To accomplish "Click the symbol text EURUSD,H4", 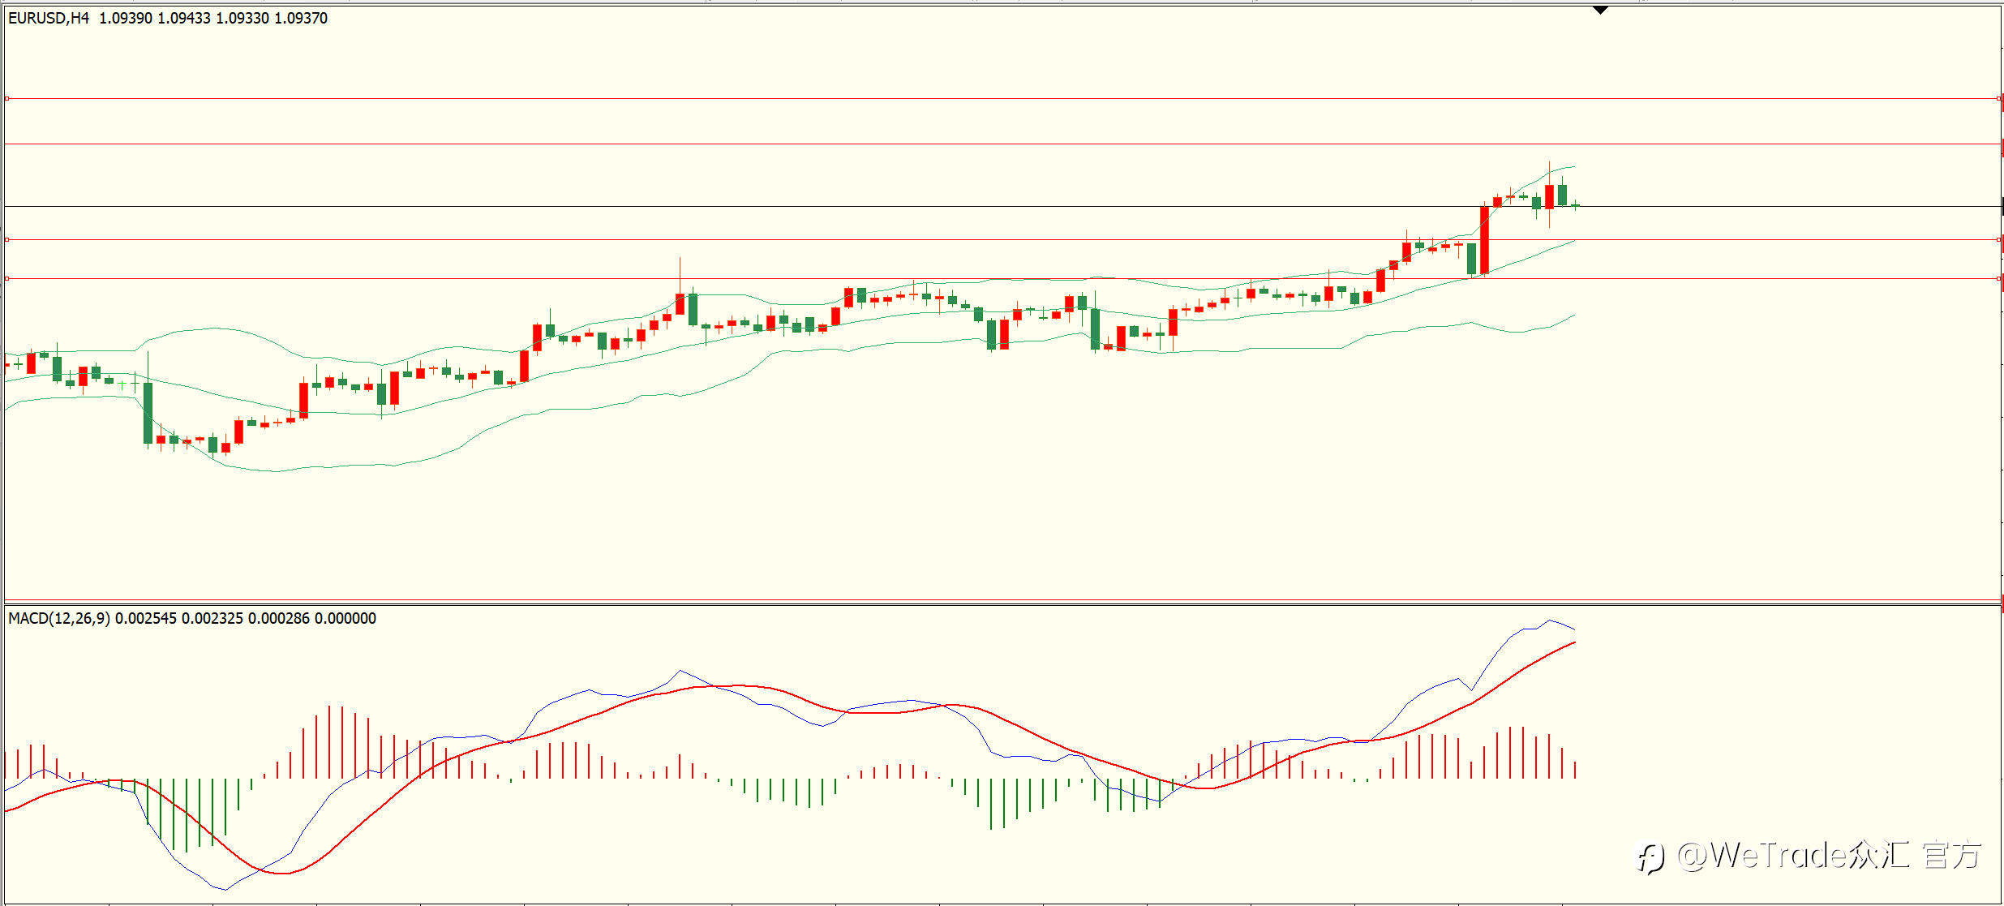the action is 49,18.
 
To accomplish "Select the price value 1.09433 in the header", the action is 184,18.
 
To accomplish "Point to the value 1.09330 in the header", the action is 242,18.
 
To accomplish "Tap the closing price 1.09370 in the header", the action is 301,18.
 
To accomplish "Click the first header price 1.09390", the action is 126,18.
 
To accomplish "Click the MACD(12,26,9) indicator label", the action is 59,618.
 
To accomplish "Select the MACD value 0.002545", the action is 146,618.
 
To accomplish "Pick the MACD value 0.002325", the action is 212,618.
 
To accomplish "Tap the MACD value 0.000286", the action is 279,618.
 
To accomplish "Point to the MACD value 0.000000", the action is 345,618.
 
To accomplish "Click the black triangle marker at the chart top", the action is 1600,10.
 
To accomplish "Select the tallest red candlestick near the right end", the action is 1484,240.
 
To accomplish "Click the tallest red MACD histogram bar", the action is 329,742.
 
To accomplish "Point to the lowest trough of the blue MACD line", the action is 225,890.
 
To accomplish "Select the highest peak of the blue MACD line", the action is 1549,621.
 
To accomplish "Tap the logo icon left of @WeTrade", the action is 1650,857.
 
